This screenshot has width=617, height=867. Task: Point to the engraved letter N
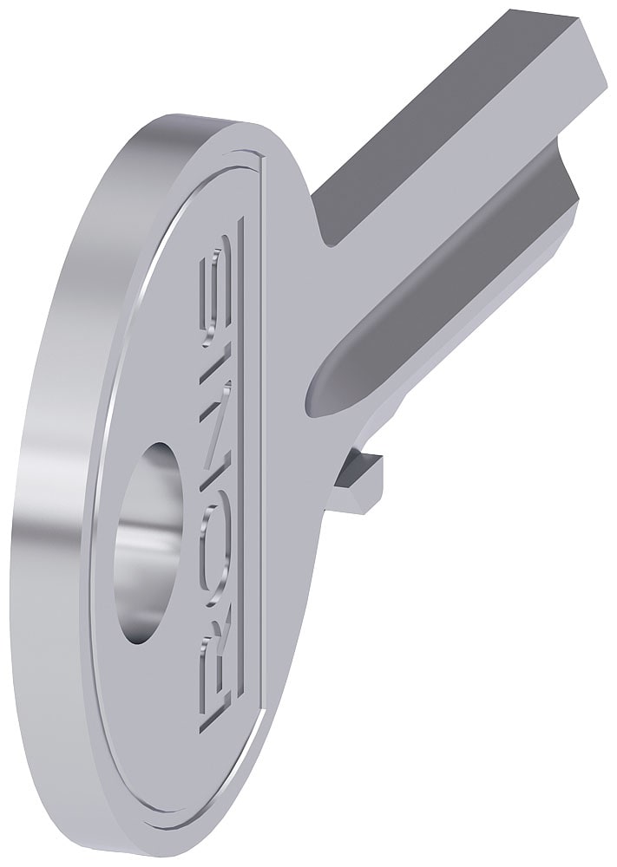click(215, 433)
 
